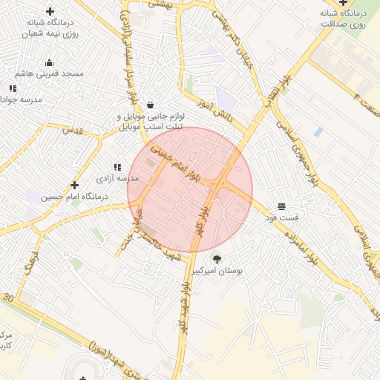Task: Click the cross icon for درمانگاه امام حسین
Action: (74, 185)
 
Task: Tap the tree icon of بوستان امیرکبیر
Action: (217, 259)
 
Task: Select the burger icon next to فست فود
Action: (281, 206)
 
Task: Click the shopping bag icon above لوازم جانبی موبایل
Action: (151, 105)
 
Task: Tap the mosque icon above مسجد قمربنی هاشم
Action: (50, 62)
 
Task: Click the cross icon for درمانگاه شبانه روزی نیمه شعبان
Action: (50, 11)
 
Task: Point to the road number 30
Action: (8, 297)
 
